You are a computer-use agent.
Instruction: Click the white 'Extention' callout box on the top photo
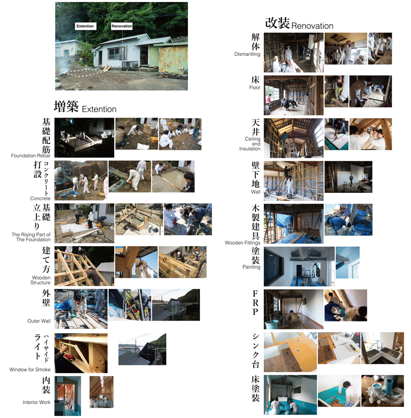tap(85, 26)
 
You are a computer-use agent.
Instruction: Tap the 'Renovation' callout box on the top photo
tap(122, 26)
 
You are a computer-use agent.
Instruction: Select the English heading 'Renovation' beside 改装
tap(313, 26)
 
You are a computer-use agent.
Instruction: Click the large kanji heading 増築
tap(66, 107)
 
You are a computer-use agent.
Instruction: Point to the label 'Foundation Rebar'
tap(31, 155)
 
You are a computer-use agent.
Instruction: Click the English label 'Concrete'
tap(40, 198)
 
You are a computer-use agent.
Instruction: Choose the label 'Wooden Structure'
tap(41, 280)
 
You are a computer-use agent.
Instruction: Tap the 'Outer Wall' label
tap(39, 321)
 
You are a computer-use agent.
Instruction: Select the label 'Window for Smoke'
tap(30, 369)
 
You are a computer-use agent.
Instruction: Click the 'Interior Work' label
tap(37, 402)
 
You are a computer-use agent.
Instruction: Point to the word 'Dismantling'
tap(247, 54)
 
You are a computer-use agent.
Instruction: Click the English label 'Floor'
tap(255, 87)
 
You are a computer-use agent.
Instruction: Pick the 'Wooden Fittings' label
tap(243, 243)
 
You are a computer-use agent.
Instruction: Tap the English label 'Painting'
tap(251, 267)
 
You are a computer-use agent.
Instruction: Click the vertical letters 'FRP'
tap(255, 303)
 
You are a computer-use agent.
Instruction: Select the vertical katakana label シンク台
tap(256, 351)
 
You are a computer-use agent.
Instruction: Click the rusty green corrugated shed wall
tap(173, 59)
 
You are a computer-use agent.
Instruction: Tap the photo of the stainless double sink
tap(382, 348)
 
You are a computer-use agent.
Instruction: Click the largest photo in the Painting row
tap(299, 267)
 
